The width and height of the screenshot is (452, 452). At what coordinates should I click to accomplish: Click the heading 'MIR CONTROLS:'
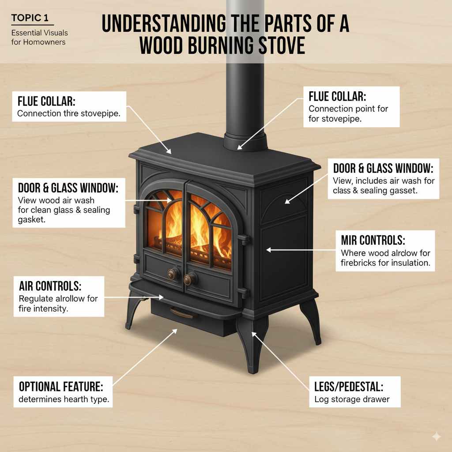coord(373,241)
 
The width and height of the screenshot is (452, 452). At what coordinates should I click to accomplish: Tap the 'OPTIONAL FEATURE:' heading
coord(61,387)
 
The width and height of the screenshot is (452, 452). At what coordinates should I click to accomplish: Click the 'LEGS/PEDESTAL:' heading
coord(349,387)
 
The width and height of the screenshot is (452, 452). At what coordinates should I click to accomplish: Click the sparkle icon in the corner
coord(436,436)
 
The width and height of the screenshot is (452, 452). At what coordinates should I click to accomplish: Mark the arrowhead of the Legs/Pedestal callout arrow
coord(252,333)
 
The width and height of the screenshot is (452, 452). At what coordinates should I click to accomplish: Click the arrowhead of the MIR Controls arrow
coord(267,250)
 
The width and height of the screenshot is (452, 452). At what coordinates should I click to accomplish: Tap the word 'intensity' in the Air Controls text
coord(51,309)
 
